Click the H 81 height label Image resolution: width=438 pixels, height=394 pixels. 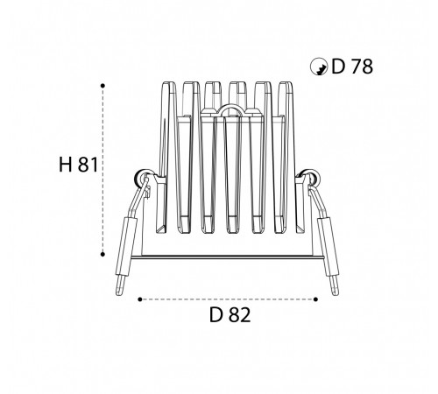[x=78, y=165]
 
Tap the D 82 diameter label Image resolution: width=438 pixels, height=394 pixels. [x=230, y=315]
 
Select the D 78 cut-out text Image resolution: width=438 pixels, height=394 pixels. [x=352, y=67]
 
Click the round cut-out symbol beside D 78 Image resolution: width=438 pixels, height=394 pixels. [x=318, y=67]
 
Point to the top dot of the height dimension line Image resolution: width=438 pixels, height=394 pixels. [x=102, y=86]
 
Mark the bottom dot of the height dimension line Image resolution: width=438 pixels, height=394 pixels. [x=102, y=255]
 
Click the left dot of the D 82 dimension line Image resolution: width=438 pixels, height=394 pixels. [x=140, y=299]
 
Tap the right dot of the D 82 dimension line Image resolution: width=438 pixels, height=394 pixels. [x=315, y=299]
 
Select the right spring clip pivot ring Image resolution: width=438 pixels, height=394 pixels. [x=311, y=178]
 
